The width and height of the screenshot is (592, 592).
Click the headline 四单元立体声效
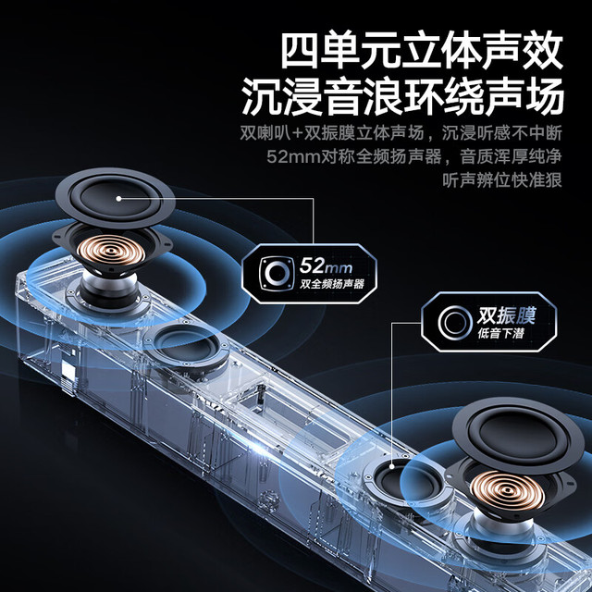click(x=422, y=51)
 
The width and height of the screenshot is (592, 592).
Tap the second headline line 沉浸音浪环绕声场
click(x=402, y=96)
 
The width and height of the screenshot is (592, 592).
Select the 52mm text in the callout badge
click(x=326, y=265)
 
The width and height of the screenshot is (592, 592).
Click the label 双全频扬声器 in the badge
click(x=332, y=284)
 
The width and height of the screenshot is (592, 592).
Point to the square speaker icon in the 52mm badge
click(x=277, y=274)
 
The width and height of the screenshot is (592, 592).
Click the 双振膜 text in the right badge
click(x=506, y=315)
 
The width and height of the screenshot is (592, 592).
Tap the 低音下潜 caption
click(x=500, y=333)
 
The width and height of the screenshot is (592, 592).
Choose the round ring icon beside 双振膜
click(x=455, y=323)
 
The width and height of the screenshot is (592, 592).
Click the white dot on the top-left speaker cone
click(x=118, y=199)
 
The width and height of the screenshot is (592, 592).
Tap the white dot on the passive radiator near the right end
click(x=392, y=467)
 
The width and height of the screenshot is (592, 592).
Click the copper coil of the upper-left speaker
click(x=111, y=250)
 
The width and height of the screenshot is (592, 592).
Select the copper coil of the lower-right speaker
click(x=507, y=491)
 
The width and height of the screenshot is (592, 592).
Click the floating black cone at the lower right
click(x=518, y=436)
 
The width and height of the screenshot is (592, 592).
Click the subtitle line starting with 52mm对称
click(x=414, y=156)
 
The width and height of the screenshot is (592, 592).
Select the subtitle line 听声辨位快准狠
click(x=502, y=180)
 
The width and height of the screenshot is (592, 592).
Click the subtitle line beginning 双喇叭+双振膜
click(x=401, y=133)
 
